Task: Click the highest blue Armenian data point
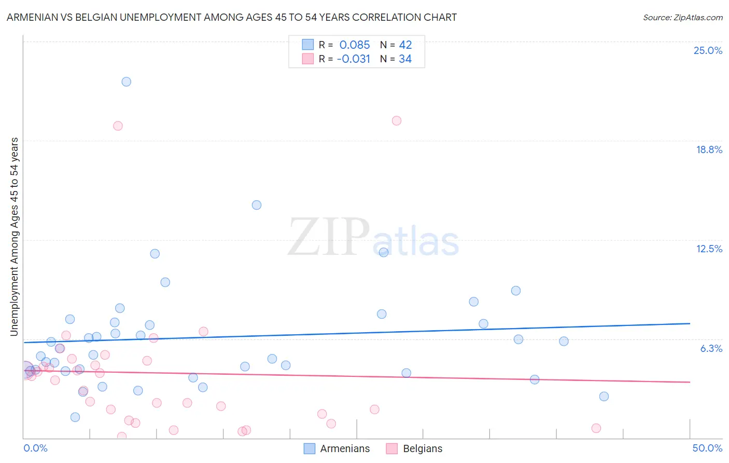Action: tap(126, 81)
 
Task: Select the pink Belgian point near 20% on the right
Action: tap(397, 120)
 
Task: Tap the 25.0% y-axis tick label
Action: tap(708, 50)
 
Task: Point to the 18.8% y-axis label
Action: tap(709, 149)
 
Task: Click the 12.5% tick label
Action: tap(709, 249)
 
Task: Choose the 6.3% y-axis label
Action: tap(711, 348)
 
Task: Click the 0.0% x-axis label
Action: tap(35, 448)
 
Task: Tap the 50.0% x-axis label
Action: tap(707, 448)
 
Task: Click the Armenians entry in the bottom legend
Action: tap(345, 448)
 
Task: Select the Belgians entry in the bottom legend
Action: tap(423, 448)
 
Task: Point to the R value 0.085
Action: tap(355, 45)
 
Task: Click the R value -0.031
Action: tap(354, 59)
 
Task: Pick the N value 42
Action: tap(405, 45)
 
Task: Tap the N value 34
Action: tap(405, 59)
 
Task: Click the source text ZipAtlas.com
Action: tap(698, 17)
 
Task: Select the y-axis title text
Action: tap(14, 237)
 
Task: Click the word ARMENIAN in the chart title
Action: tap(33, 17)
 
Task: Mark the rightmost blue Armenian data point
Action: tap(604, 396)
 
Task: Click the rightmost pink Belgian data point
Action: tap(596, 428)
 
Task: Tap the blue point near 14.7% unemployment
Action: tap(257, 205)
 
